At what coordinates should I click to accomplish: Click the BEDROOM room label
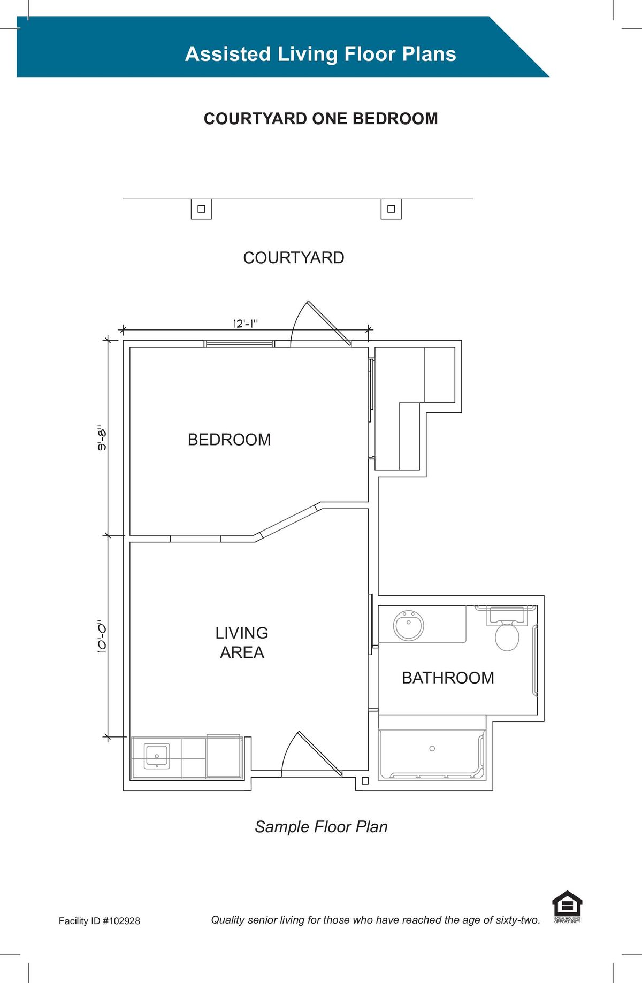(229, 440)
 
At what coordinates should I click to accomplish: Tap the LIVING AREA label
(242, 642)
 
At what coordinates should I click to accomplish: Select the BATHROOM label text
(448, 678)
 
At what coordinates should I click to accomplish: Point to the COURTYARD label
(294, 258)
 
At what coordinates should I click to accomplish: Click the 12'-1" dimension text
(246, 324)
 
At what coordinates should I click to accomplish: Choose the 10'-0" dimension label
(102, 636)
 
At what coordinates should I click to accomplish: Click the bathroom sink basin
(409, 625)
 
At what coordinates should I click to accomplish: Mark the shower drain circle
(432, 748)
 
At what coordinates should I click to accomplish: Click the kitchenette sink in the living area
(157, 756)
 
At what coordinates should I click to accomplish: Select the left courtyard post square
(201, 209)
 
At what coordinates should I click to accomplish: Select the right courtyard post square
(391, 209)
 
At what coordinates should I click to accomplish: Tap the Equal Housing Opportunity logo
(567, 907)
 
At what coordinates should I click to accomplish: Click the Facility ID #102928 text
(100, 921)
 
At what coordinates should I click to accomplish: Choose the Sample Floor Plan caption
(321, 827)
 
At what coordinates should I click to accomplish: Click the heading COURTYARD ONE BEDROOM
(321, 119)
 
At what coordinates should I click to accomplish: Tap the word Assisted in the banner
(228, 54)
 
